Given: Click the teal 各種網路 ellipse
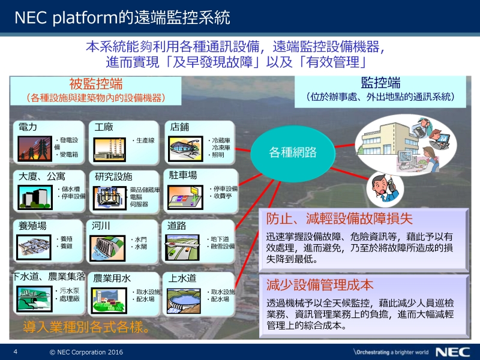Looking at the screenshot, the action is [293, 153].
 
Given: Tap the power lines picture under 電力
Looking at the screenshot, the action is [35, 149].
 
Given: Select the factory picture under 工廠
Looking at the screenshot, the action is [110, 149].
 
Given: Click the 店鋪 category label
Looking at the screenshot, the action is [179, 127].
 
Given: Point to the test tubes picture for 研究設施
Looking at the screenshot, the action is [110, 198].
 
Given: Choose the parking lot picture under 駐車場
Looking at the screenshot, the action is [185, 197].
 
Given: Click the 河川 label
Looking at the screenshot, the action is [101, 226].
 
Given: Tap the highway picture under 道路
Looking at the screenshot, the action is [182, 248].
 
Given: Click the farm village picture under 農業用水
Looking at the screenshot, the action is [109, 301].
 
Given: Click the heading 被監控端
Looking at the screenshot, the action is [96, 84].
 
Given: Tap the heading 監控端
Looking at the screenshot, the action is [380, 83].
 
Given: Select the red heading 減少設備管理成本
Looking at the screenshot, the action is [320, 285].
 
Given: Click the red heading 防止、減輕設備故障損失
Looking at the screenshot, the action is [339, 218].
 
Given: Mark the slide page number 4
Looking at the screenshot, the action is [16, 352].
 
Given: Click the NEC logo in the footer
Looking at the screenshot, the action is [453, 352].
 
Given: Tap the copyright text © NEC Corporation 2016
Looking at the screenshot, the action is [86, 352].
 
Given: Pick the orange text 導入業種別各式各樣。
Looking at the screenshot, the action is [86, 327].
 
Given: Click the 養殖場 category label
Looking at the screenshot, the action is [32, 226].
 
